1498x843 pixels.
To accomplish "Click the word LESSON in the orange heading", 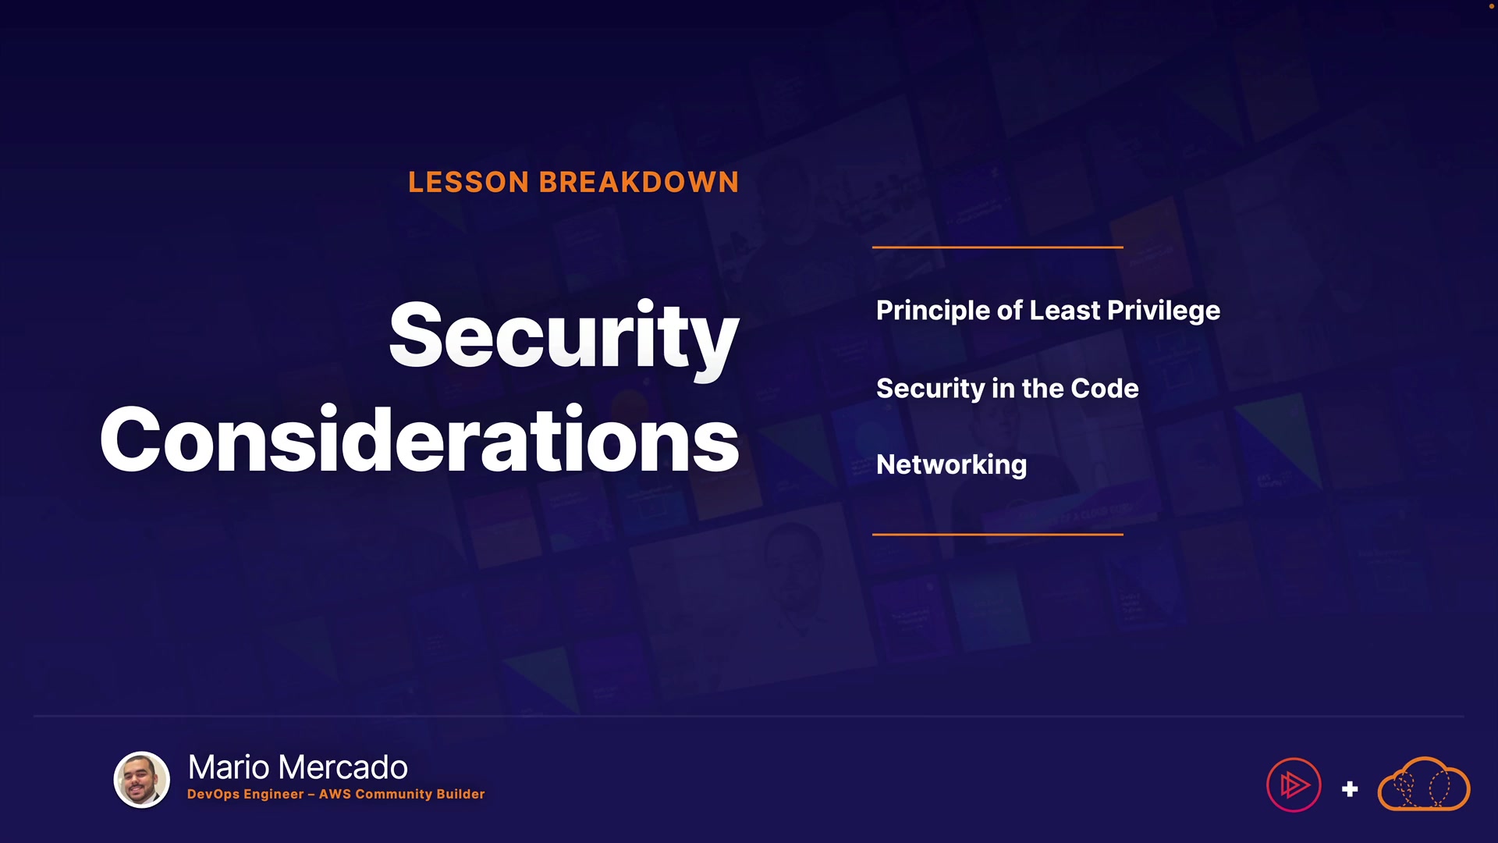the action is [x=469, y=183].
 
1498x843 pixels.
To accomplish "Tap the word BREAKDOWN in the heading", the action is [x=639, y=183].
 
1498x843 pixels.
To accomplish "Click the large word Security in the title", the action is [x=563, y=336].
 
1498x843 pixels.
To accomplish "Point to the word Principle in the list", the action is [x=934, y=311].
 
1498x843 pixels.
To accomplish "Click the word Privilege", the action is [x=1163, y=311].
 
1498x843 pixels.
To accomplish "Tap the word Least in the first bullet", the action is [x=1065, y=311].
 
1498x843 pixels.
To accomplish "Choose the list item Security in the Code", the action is [x=1007, y=389].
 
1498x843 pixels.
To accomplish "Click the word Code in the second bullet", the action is [x=1105, y=388].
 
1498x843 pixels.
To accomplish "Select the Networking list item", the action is [x=952, y=465].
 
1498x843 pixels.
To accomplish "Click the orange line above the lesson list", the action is [x=998, y=247].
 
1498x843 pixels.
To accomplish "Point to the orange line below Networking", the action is [x=998, y=535].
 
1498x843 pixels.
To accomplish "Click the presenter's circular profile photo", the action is [x=142, y=780].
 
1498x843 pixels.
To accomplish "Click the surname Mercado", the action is [x=343, y=767].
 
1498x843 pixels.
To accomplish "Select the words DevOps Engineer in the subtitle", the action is [x=245, y=795].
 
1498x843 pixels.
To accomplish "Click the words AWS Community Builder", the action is [x=402, y=794].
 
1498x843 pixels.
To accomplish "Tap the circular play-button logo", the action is [x=1294, y=785].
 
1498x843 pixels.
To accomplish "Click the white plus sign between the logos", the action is [x=1350, y=789].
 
